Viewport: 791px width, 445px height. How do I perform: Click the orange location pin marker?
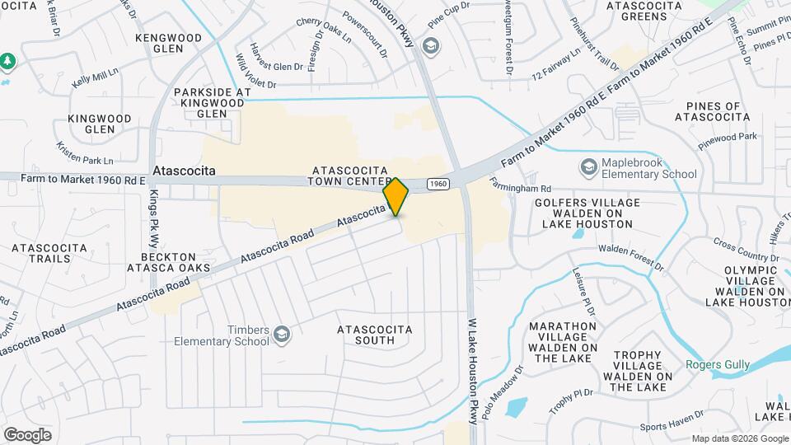coord(396,196)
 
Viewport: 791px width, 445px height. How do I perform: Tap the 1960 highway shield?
coord(438,183)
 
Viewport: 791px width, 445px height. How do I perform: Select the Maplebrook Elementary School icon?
coord(588,167)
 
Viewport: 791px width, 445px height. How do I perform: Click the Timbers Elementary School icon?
coord(282,333)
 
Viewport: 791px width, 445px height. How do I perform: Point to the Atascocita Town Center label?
coord(349,175)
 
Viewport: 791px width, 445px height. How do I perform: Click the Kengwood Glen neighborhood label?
coord(169,43)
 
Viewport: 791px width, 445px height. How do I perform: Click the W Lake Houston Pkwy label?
coord(473,371)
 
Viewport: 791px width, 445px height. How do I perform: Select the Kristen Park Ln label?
coord(85,152)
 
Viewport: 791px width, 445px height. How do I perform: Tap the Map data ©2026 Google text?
coord(739,438)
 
